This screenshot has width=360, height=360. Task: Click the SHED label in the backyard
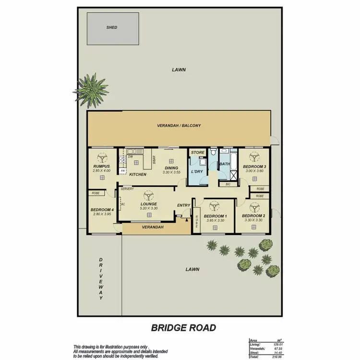click(111, 28)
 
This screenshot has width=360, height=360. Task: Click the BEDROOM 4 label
click(102, 209)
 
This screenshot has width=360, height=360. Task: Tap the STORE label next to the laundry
click(197, 153)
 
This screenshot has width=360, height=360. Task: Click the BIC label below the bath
click(228, 184)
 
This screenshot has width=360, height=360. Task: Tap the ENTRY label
click(183, 205)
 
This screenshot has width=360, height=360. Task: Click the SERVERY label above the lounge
click(127, 189)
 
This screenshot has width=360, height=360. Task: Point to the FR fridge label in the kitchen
click(123, 171)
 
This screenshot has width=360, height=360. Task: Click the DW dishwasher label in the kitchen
click(130, 156)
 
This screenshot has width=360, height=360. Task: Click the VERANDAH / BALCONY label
click(179, 126)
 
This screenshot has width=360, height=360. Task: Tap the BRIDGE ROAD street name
click(183, 328)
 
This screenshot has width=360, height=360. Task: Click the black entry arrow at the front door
click(185, 220)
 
